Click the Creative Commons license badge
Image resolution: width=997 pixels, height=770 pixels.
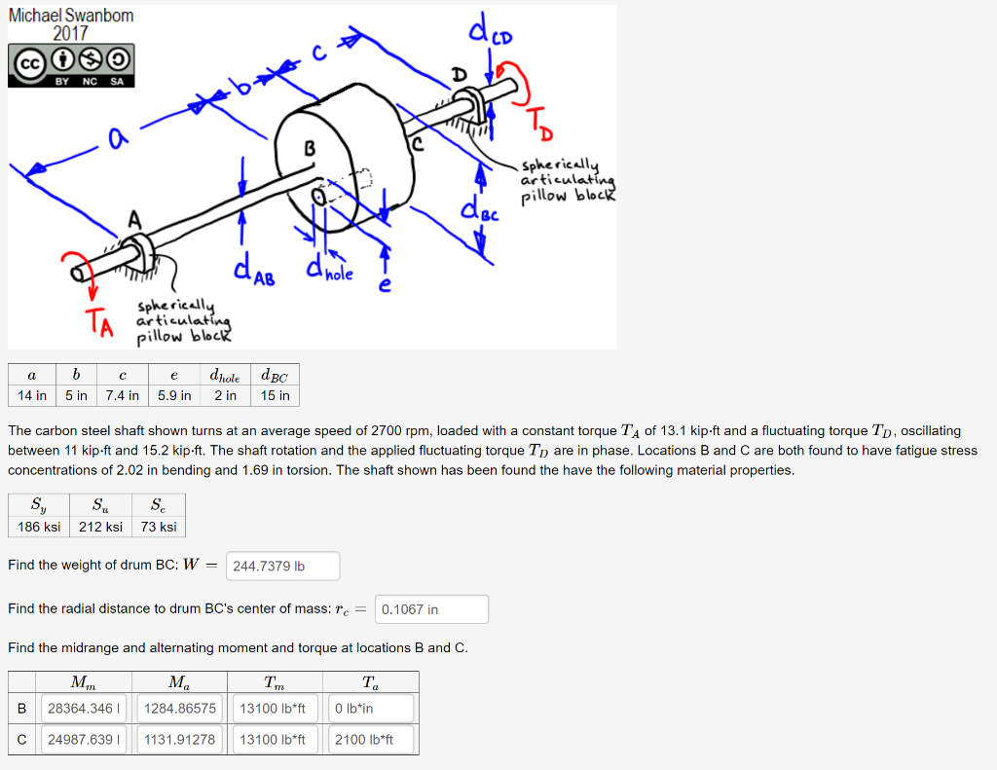(70, 66)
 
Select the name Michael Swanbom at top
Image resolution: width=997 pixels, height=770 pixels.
(71, 16)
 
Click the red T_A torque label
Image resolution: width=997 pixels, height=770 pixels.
(97, 318)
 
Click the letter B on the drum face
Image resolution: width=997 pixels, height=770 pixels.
(311, 148)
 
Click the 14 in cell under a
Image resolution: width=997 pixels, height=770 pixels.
(32, 395)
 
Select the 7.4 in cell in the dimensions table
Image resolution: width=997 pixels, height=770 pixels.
(122, 395)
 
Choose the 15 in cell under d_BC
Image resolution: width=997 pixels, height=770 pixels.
(276, 395)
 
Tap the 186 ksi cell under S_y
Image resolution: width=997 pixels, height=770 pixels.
(39, 527)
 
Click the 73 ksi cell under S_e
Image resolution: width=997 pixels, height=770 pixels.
(159, 527)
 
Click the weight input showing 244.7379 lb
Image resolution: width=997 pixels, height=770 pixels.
(283, 566)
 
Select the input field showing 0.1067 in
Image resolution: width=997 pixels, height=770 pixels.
(431, 609)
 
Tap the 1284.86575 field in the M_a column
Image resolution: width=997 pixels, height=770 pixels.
(179, 709)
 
